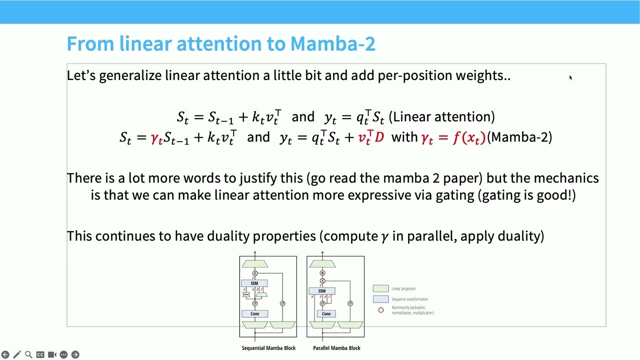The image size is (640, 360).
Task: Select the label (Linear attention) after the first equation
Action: click(441, 117)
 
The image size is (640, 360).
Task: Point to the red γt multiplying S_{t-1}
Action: click(156, 138)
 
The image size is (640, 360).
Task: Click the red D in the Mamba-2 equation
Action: click(379, 137)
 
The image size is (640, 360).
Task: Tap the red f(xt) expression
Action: click(469, 137)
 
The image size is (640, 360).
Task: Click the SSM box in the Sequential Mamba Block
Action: click(254, 283)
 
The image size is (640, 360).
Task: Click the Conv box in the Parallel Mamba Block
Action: click(326, 314)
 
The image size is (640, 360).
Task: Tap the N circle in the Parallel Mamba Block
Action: click(322, 273)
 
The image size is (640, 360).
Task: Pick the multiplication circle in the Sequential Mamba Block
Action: click(255, 273)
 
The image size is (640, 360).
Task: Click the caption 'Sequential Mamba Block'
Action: click(268, 348)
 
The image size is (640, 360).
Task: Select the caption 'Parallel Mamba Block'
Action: click(336, 348)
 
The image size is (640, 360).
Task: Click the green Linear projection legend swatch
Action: click(380, 288)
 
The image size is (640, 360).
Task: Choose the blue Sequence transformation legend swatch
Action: click(380, 299)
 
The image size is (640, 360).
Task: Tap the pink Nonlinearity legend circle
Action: click(381, 310)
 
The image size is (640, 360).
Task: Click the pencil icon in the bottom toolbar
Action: click(17, 354)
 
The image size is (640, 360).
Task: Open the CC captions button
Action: click(40, 354)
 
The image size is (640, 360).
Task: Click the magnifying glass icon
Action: click(28, 354)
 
